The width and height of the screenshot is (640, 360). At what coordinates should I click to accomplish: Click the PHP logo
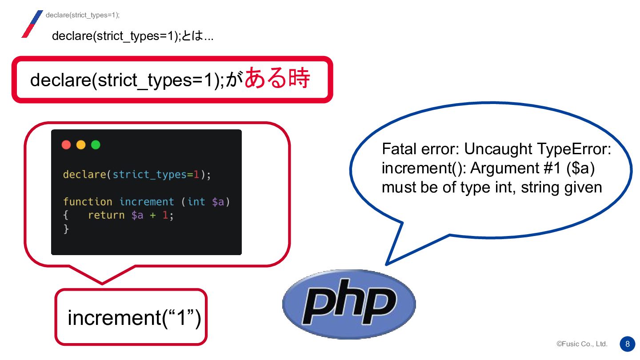click(349, 304)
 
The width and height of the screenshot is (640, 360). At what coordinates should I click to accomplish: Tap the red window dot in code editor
click(66, 145)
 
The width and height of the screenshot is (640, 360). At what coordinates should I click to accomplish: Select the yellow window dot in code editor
click(81, 145)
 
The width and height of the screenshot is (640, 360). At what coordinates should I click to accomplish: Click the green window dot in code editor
click(96, 145)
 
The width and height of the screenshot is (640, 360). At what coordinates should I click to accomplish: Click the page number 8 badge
click(627, 344)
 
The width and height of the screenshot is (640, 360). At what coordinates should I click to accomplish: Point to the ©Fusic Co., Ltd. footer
click(582, 344)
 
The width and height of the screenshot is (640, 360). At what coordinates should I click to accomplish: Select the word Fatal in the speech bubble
click(398, 149)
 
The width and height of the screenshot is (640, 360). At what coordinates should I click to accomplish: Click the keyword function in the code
click(88, 202)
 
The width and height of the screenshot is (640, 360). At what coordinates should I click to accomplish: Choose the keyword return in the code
click(106, 215)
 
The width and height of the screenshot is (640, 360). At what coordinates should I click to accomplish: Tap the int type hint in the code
click(196, 202)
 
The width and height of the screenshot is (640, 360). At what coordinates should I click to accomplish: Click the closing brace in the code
click(66, 229)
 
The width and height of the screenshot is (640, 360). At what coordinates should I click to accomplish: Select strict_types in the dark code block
click(150, 175)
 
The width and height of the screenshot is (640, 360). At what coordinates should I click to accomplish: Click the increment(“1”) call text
click(134, 318)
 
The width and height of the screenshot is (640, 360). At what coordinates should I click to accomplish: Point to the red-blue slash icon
click(32, 24)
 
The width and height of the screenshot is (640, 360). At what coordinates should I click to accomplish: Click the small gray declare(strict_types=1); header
click(83, 15)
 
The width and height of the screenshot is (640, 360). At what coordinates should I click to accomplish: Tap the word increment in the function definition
click(147, 202)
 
